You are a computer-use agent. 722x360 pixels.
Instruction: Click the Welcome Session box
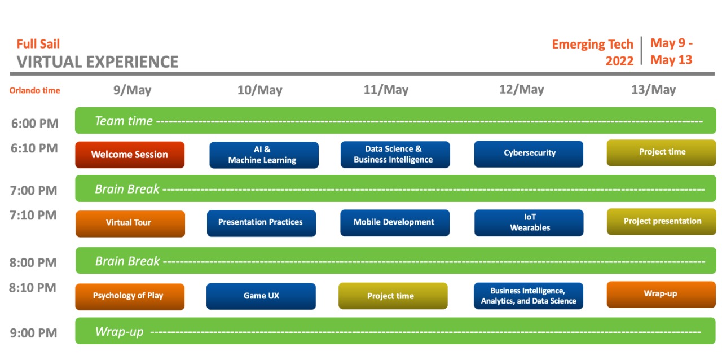pos(130,155)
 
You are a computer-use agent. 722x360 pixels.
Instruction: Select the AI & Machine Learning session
pos(263,155)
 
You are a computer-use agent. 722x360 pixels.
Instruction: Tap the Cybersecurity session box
pos(529,153)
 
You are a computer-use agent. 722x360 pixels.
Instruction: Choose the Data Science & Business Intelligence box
pos(395,155)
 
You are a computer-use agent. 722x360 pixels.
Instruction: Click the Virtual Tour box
pos(130,223)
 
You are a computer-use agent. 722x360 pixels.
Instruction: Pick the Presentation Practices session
pos(261,223)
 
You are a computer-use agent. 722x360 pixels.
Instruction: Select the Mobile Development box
pos(394,223)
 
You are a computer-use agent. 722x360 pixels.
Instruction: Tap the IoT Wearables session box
pos(529,223)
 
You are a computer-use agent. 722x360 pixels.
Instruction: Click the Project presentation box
pos(662,222)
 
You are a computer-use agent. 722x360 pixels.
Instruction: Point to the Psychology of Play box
pos(129,296)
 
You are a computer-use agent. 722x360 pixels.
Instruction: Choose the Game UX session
pos(261,296)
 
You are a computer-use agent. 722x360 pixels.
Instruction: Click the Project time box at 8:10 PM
pos(393,296)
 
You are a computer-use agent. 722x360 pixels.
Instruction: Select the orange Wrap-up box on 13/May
pos(661,294)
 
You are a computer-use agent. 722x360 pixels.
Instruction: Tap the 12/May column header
pos(521,90)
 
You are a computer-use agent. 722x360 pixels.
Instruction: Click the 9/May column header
pos(132,90)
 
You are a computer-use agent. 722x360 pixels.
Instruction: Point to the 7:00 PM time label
pos(34,191)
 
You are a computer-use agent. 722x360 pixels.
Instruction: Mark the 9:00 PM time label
pos(34,333)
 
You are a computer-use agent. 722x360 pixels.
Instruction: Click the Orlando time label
pos(34,91)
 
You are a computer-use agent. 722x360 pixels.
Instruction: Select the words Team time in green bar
pos(124,121)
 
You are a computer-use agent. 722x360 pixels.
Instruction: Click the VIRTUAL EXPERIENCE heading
pos(97,62)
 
